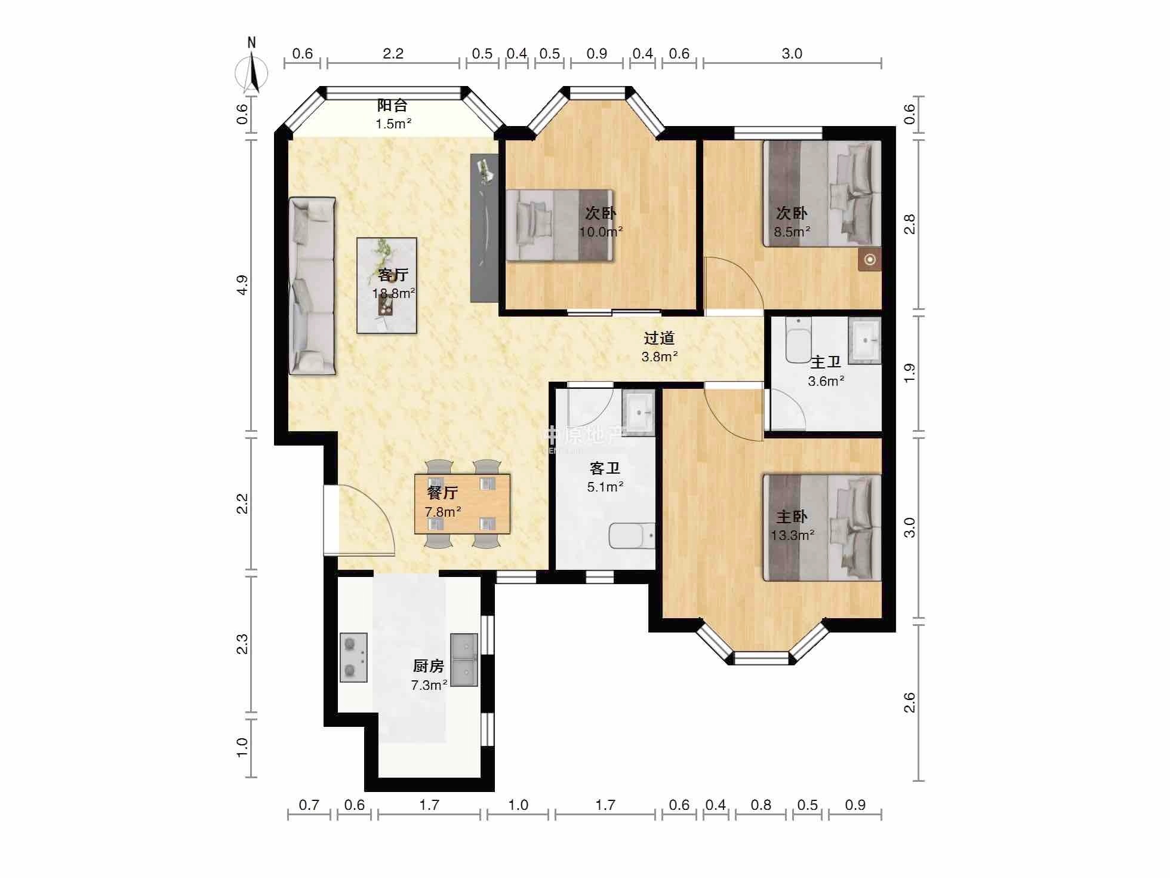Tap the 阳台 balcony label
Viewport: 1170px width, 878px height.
coord(392,106)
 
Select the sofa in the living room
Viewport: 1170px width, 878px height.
coord(312,286)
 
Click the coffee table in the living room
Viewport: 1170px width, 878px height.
coord(387,285)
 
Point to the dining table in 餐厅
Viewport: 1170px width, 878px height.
coord(463,504)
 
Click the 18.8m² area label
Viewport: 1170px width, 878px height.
coord(394,293)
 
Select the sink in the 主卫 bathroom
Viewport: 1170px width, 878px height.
coord(864,340)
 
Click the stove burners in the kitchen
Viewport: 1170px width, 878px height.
coord(353,657)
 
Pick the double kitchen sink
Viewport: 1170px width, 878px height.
coord(464,659)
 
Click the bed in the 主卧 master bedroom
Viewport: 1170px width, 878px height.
coord(822,527)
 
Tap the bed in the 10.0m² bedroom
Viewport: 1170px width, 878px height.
coord(560,225)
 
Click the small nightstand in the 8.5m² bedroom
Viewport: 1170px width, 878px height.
coord(870,260)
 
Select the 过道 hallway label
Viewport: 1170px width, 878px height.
coord(659,338)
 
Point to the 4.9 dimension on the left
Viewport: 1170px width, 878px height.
coord(241,284)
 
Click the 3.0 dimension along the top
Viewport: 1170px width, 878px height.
coord(792,54)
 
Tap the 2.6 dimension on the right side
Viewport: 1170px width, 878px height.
coord(909,702)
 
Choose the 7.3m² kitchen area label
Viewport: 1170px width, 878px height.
coord(429,685)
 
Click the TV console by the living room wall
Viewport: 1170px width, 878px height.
coord(484,228)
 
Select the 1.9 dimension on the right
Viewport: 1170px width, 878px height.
coord(909,373)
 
